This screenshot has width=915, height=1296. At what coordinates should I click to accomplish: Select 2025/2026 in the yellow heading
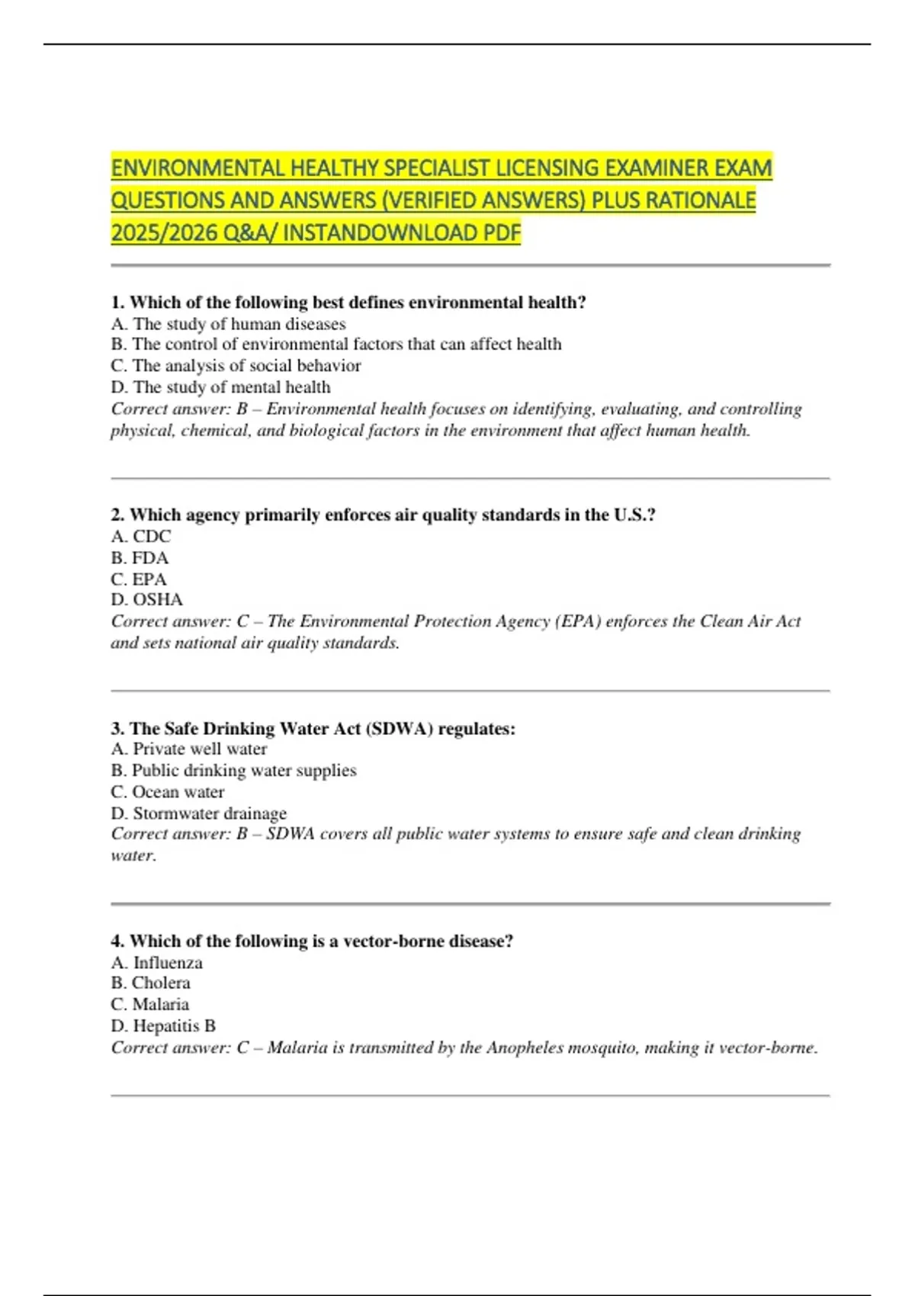(164, 233)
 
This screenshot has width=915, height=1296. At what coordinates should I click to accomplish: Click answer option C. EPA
(139, 579)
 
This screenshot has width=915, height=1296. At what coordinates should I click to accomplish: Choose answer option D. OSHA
(147, 600)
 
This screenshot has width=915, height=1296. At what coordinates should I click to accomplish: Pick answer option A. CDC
(141, 537)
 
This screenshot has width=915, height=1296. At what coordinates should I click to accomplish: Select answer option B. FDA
(140, 558)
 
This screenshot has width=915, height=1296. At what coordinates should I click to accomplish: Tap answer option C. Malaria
(150, 1005)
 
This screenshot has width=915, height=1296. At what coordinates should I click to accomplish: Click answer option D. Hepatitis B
(163, 1026)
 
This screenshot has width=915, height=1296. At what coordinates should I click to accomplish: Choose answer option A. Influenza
(157, 963)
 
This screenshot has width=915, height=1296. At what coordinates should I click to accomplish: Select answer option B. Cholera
(151, 983)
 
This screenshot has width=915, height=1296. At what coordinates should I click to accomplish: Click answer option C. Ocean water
(168, 792)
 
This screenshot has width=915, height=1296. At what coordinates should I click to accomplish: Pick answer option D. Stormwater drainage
(199, 813)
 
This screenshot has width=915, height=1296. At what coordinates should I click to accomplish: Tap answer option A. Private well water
(189, 749)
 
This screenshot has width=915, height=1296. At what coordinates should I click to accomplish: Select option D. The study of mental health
(221, 387)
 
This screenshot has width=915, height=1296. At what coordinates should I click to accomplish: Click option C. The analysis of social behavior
(236, 366)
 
